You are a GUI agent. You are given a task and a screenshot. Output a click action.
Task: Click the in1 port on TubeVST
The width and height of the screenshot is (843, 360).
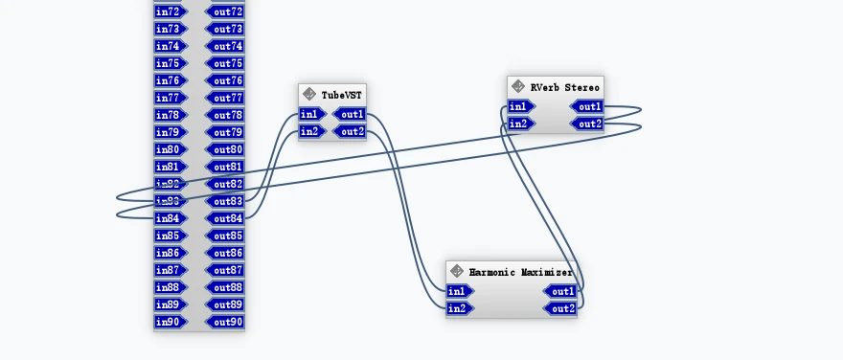click(309, 115)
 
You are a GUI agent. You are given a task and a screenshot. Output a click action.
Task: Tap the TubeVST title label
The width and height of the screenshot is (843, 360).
click(342, 95)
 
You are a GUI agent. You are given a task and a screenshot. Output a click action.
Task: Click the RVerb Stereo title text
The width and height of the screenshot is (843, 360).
click(564, 87)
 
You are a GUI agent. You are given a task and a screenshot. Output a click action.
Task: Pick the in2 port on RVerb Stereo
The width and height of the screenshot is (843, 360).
click(518, 124)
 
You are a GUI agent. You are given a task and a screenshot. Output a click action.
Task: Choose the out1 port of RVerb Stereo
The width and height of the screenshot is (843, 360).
click(588, 107)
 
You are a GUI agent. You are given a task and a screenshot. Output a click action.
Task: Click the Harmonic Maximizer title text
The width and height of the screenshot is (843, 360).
click(520, 272)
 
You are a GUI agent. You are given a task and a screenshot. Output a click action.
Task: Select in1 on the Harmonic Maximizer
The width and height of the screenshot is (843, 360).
click(459, 291)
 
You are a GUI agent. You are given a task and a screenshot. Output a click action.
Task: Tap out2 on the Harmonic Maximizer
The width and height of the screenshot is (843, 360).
click(561, 308)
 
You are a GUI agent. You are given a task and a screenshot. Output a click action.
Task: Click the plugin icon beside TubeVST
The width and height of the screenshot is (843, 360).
click(309, 95)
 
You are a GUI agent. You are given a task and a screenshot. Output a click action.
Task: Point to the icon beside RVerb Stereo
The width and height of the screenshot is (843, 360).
click(518, 87)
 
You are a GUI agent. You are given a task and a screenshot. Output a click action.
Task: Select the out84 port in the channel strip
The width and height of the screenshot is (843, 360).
click(226, 218)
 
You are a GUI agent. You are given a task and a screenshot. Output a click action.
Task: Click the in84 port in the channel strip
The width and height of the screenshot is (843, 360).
click(169, 218)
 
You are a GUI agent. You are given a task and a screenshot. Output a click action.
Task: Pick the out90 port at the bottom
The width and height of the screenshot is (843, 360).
click(226, 322)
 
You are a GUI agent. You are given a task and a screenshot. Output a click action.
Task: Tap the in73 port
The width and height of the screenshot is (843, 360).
click(169, 29)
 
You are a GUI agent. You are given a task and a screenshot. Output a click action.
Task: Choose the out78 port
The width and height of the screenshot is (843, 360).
click(226, 115)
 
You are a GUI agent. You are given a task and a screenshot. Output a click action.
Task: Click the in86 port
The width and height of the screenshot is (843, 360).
click(169, 253)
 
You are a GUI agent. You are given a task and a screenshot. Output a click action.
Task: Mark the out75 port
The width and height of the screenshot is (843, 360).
click(226, 63)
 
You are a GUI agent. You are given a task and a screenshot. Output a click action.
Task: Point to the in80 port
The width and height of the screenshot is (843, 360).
click(169, 149)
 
